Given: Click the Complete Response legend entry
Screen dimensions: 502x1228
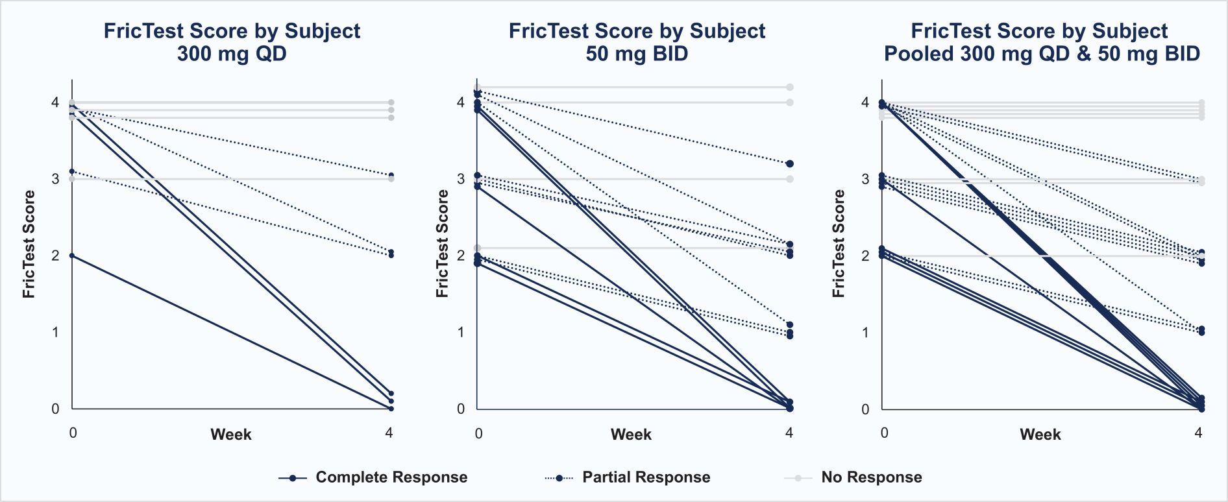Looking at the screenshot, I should pos(391,477).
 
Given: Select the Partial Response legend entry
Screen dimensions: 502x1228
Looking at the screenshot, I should pos(646,477).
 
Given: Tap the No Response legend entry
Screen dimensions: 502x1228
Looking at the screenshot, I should pos(871,477).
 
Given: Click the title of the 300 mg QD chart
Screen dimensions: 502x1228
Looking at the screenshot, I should pos(232,42).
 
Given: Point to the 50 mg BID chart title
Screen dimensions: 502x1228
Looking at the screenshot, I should pos(637,42).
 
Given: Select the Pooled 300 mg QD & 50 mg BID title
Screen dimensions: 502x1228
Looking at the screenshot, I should pos(1042,42).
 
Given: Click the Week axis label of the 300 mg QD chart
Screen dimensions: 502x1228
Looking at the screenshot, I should pos(230,435).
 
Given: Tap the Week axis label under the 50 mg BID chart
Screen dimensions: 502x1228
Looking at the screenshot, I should pos(631,435).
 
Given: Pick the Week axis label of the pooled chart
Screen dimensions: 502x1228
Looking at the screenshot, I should pos(1040,435).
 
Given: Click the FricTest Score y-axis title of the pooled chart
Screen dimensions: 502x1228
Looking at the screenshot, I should pos(839,244).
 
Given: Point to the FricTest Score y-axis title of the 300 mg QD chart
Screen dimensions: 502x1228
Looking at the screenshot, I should pos(29,244).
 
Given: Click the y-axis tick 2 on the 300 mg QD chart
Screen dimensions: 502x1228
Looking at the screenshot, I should pos(55,256).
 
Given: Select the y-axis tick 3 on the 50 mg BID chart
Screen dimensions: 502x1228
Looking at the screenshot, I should pos(461,179).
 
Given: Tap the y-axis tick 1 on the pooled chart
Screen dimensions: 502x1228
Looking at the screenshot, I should pos(865,333).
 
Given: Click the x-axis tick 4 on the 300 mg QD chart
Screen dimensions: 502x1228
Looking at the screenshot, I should pos(389,433).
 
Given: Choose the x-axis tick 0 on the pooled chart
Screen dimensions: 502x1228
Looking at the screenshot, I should pos(884,433).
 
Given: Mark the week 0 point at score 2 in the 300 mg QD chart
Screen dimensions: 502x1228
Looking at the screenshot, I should pos(72,256).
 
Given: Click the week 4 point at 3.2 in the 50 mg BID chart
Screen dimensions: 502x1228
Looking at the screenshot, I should pos(790,164).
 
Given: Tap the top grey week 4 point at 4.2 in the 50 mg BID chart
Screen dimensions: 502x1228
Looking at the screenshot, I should pos(790,87).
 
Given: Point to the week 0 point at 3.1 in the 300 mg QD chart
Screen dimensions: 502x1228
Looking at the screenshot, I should pos(72,171).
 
